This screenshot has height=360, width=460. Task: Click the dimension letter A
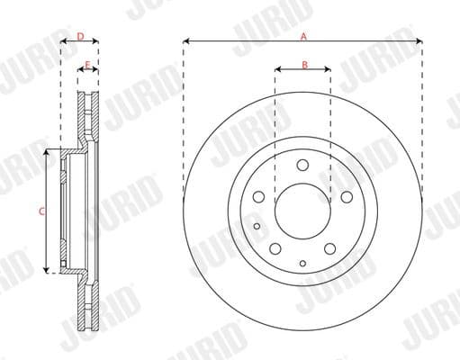(x=303, y=35)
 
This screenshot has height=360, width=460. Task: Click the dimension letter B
(x=304, y=64)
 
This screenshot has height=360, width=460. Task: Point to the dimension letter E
(x=87, y=65)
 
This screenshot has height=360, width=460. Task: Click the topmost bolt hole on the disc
(x=302, y=165)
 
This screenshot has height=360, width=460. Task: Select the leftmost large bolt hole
(x=259, y=197)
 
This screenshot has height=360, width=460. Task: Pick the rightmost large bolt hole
(x=347, y=197)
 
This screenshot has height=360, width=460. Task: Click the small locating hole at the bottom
(x=302, y=262)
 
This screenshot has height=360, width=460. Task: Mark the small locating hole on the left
(x=257, y=227)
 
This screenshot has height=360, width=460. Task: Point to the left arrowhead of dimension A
(x=185, y=41)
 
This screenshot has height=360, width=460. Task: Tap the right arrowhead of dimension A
(x=420, y=41)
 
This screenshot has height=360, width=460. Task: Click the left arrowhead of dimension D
(x=63, y=42)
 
